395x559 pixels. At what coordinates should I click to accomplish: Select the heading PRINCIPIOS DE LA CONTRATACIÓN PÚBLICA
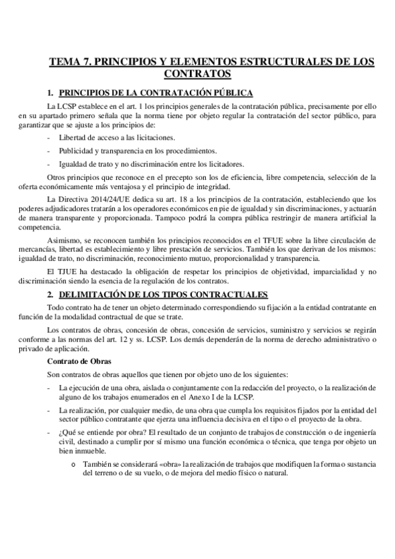pyautogui.click(x=156, y=93)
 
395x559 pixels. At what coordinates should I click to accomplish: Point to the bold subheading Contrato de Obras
pyautogui.click(x=79, y=361)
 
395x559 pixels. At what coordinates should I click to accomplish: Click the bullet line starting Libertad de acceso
pyautogui.click(x=117, y=137)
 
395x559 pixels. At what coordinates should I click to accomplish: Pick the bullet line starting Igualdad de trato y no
pyautogui.click(x=152, y=163)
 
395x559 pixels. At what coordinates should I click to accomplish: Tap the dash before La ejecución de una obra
pyautogui.click(x=50, y=387)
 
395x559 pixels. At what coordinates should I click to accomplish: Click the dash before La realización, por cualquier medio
pyautogui.click(x=50, y=409)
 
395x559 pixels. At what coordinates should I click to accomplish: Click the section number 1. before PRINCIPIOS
pyautogui.click(x=51, y=93)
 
